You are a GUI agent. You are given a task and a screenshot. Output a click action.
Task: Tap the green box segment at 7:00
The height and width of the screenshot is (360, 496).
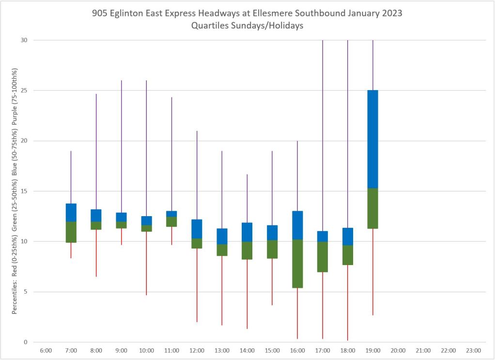pos(71,232)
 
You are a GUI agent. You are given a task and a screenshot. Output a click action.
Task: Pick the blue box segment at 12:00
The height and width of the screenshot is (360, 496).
pos(197,229)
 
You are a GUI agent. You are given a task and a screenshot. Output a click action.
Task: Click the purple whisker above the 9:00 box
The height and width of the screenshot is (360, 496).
pos(121,145)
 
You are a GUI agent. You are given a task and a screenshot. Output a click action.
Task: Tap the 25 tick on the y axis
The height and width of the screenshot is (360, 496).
pos(24,91)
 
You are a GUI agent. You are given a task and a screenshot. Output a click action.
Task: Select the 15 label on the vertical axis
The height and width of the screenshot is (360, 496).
pos(24,191)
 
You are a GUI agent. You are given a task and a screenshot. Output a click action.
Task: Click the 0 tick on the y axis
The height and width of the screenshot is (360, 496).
pos(26,342)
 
